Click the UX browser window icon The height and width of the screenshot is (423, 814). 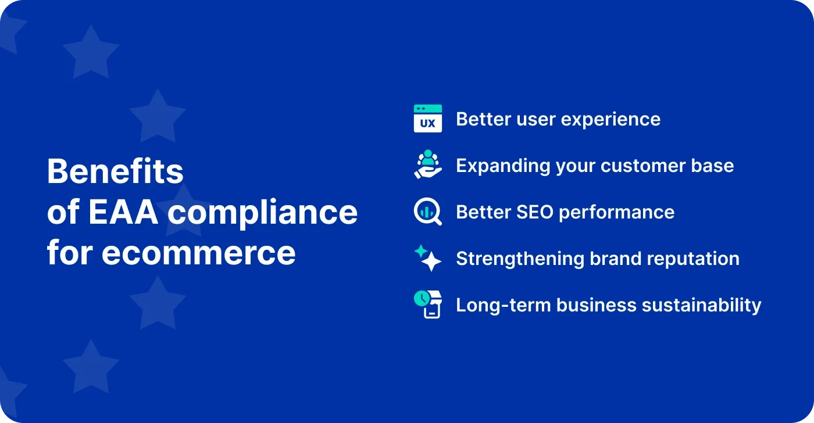click(x=427, y=119)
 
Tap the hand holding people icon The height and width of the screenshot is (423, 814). click(x=427, y=165)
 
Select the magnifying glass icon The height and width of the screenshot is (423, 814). click(x=427, y=212)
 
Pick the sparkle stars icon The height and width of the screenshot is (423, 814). click(x=427, y=258)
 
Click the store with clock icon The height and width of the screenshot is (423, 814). click(x=427, y=304)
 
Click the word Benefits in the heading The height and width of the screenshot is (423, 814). click(x=115, y=172)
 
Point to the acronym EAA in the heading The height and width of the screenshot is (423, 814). click(x=124, y=212)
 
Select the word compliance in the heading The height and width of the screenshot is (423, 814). click(x=263, y=212)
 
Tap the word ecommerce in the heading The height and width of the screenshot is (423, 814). click(x=198, y=253)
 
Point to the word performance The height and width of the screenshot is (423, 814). click(x=617, y=212)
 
